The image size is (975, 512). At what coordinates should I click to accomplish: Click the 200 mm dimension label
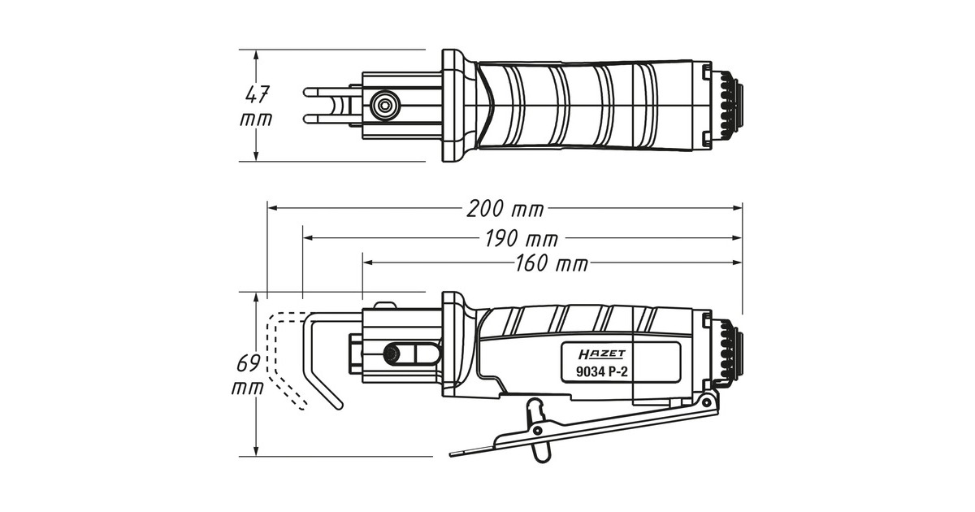505,209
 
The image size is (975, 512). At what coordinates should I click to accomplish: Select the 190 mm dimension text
520,239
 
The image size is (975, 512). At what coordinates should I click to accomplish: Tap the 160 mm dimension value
550,263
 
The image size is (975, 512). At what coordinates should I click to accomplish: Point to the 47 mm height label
257,106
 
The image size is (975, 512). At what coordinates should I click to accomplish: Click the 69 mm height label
249,374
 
